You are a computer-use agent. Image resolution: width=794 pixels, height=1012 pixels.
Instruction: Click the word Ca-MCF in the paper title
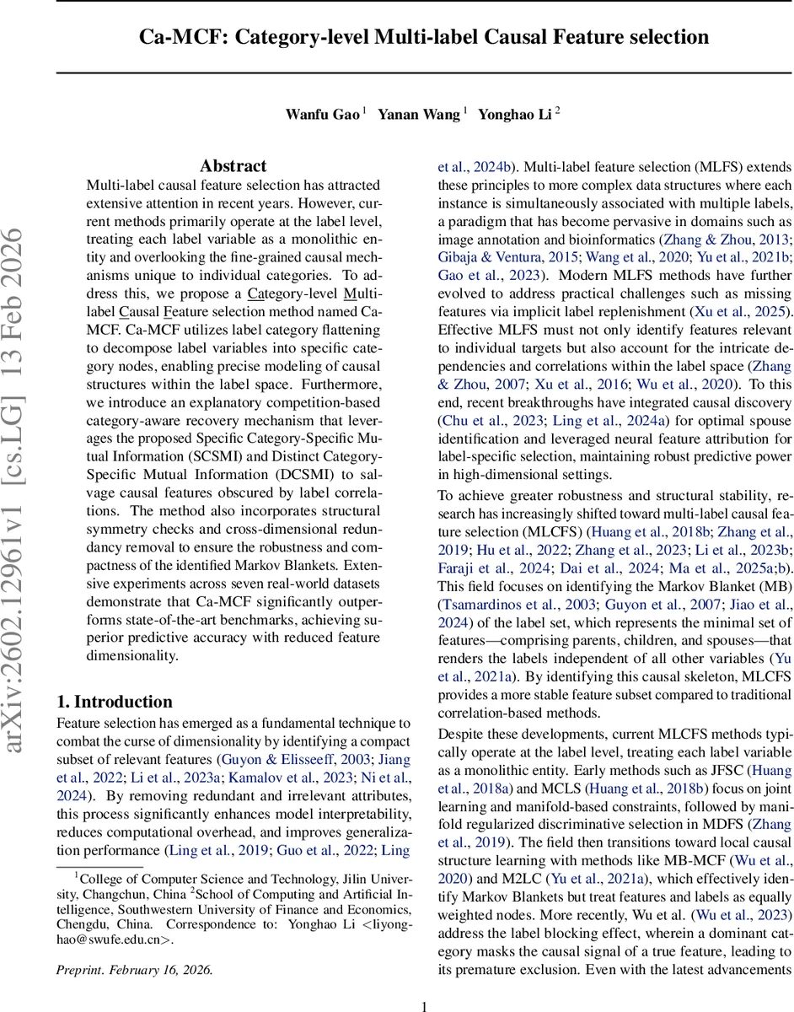176,37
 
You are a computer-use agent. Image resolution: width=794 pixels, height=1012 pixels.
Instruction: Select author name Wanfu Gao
322,115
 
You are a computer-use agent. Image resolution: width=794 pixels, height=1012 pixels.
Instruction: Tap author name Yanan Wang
418,115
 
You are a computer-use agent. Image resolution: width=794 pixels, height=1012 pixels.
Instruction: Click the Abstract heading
233,166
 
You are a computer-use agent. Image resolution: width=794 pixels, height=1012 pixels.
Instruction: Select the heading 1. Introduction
114,702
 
